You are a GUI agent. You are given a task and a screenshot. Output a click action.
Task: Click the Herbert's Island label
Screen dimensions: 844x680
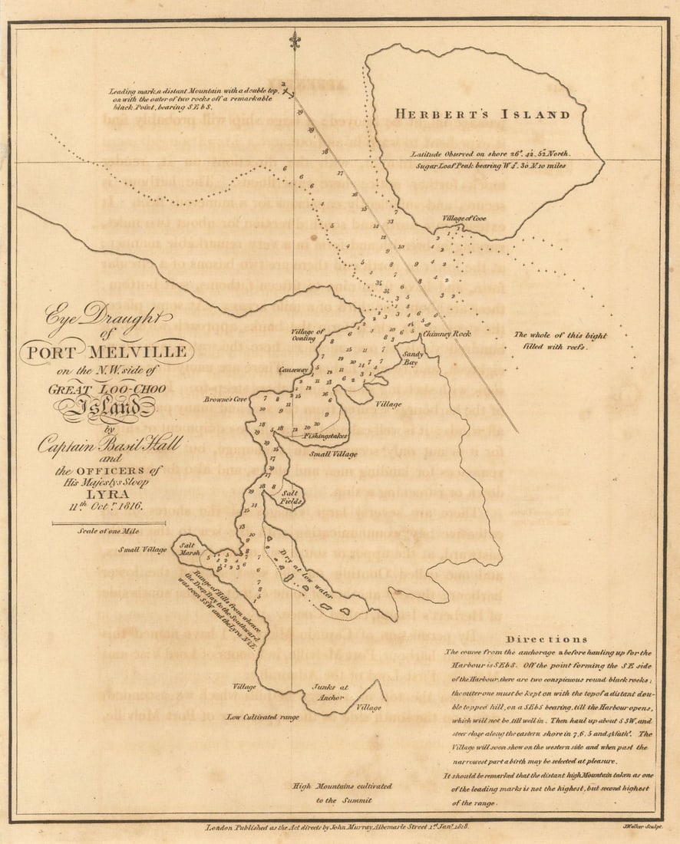(x=483, y=115)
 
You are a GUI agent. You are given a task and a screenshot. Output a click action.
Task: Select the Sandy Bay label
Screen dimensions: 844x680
(x=414, y=358)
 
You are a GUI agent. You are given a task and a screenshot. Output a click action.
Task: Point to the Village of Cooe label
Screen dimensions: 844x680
(x=464, y=219)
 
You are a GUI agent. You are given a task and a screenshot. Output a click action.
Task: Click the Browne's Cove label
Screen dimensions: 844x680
(x=226, y=400)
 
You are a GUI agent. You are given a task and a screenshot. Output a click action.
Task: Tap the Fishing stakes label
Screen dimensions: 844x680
(x=325, y=436)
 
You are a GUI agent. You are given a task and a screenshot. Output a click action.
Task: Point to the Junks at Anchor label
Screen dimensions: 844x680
(x=332, y=694)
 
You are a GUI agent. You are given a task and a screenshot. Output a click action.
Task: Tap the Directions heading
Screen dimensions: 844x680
(x=547, y=639)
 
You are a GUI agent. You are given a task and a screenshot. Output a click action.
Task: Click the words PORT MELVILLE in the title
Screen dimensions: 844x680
(x=107, y=353)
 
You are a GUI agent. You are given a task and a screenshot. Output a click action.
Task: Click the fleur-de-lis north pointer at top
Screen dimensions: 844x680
(x=295, y=41)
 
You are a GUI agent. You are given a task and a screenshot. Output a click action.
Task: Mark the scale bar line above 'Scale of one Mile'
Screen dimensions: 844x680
(x=103, y=523)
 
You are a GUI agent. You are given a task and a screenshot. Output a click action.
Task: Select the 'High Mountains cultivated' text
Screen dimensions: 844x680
(x=342, y=786)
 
